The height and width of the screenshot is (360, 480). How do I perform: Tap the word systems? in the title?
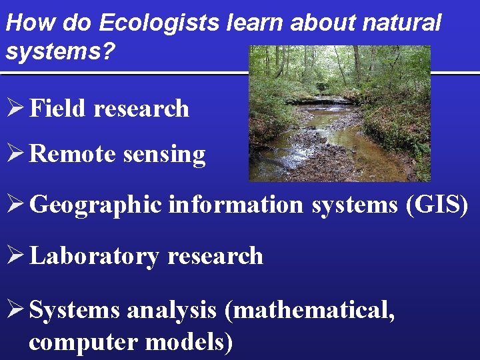coord(49,51)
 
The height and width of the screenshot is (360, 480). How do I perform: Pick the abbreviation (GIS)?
coord(437,205)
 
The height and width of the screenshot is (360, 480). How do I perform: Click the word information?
coord(236,205)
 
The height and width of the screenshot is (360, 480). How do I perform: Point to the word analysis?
coord(171,310)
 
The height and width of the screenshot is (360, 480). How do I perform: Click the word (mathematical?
coord(309,310)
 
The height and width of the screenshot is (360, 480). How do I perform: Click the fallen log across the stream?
coord(320,101)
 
